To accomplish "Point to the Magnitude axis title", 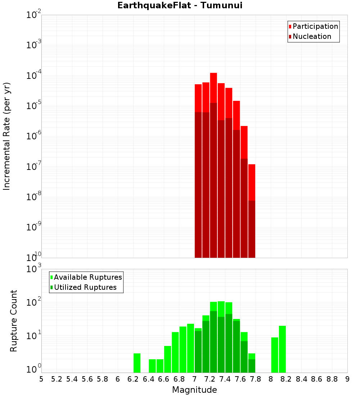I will pos(194,390).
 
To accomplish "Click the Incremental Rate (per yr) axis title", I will pos(7,136).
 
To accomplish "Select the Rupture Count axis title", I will pos(14,320).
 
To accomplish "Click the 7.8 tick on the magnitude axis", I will pos(256,379).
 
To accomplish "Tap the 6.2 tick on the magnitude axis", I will pos(133,379).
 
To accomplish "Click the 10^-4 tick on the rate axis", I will pos(34,76).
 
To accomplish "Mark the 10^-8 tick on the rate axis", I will pos(34,197).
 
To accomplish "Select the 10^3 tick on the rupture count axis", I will pos(34,269).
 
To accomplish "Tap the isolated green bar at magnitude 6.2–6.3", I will pos(137,363).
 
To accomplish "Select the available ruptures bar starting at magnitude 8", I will pos(275,355).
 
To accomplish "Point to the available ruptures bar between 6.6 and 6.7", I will pos(167,359).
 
